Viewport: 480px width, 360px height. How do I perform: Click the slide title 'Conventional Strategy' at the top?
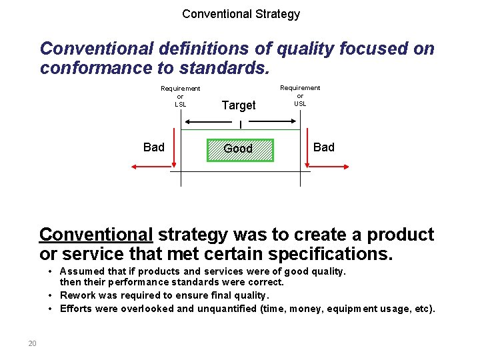(241, 14)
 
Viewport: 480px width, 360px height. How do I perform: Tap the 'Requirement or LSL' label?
(180, 96)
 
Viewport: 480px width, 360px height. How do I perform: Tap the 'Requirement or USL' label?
(300, 95)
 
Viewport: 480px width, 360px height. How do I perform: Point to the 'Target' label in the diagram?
(239, 105)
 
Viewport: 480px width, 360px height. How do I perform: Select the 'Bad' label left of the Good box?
(154, 147)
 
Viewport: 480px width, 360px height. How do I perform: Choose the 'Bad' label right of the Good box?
(324, 147)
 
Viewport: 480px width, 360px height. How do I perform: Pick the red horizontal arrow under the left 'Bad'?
(155, 167)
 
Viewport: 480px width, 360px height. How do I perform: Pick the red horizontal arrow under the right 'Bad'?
(323, 167)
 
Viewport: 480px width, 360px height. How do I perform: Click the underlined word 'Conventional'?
(97, 235)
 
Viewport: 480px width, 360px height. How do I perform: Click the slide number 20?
(32, 343)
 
